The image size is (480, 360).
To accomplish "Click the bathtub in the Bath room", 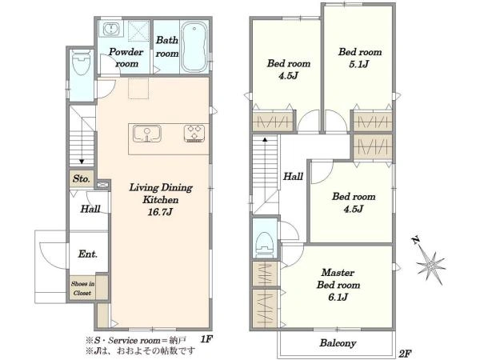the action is tap(194, 47).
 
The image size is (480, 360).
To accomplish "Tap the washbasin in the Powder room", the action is tap(111, 30).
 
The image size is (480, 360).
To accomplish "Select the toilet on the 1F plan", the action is tap(81, 62).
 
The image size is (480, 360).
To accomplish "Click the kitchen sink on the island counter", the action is tap(147, 134).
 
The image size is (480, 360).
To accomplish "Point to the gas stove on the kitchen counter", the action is tap(194, 133).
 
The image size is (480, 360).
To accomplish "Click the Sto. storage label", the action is tap(81, 178).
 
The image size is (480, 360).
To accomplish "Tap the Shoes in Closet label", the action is tap(82, 288).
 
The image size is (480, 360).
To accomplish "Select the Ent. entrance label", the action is tap(88, 254).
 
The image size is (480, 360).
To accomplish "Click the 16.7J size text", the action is tap(161, 212).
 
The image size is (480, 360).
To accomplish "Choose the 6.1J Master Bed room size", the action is tap(338, 297).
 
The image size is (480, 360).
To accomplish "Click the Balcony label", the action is tap(338, 343).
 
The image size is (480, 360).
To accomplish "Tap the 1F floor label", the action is tap(206, 339).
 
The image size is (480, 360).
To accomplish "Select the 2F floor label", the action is tap(405, 354).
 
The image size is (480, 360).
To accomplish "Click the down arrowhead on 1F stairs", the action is tap(82, 162).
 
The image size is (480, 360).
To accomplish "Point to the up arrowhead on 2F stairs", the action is tap(265, 139).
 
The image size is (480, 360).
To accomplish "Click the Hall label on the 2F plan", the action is tap(293, 176).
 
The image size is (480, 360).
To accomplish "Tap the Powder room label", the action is tap(126, 58).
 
